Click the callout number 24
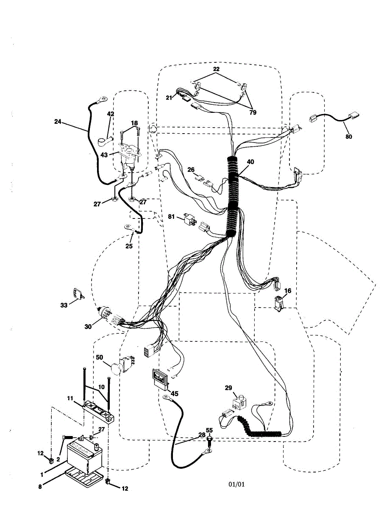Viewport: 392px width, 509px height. (x=58, y=122)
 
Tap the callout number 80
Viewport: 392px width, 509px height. (x=348, y=137)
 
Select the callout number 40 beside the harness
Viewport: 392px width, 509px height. (x=251, y=162)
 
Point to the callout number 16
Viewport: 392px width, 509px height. (x=288, y=291)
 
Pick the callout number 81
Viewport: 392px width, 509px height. (x=171, y=217)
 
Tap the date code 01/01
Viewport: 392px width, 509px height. (x=237, y=484)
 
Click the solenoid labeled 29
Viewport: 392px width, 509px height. (x=239, y=401)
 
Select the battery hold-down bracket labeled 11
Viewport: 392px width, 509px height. (x=99, y=410)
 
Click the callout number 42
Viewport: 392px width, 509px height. (x=111, y=114)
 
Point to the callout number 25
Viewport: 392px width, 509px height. (x=129, y=246)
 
